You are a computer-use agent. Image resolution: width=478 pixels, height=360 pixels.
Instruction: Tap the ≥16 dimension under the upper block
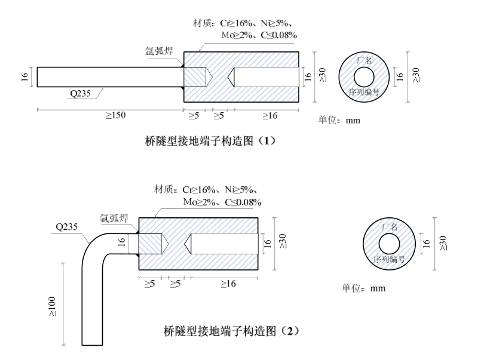point(266,116)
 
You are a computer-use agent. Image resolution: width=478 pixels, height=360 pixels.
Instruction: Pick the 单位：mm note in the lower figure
point(363,288)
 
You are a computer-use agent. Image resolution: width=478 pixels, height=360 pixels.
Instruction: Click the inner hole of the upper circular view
point(364,76)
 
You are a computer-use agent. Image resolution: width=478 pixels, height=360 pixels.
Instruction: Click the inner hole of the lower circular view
point(390,244)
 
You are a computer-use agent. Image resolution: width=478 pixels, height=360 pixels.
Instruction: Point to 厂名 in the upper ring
point(364,60)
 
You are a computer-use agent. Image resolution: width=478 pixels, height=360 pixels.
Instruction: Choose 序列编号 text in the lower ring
point(390,260)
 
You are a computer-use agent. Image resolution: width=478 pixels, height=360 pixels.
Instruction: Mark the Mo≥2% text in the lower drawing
point(203,202)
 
